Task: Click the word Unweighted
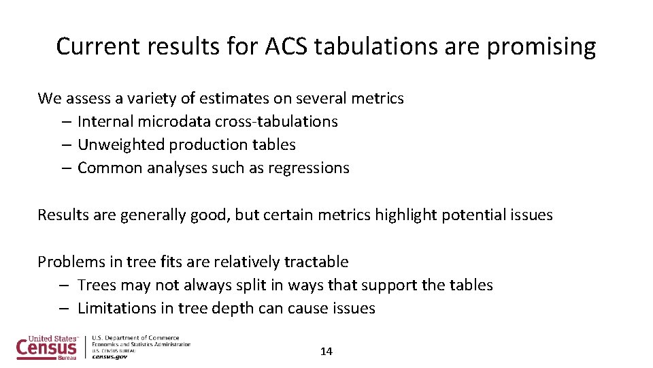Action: pyautogui.click(x=120, y=144)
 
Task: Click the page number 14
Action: pyautogui.click(x=326, y=352)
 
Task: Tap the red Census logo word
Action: pyautogui.click(x=46, y=348)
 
